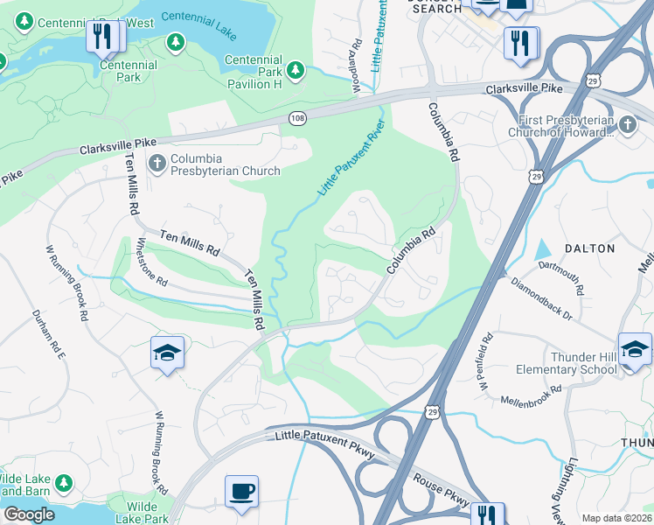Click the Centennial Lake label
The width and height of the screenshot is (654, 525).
point(199,25)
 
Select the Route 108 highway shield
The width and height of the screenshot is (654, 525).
point(297,118)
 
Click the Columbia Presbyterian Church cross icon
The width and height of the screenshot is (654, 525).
point(157,163)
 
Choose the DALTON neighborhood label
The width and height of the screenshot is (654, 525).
point(589,248)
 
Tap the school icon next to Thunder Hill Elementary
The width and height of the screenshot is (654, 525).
point(634,349)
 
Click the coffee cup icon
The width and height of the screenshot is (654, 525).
point(241,490)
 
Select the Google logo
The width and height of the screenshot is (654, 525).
point(29,514)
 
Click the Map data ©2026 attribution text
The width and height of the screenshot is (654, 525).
point(617,518)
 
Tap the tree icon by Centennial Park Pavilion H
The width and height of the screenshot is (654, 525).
point(296,68)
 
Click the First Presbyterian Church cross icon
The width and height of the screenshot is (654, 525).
point(627,126)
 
